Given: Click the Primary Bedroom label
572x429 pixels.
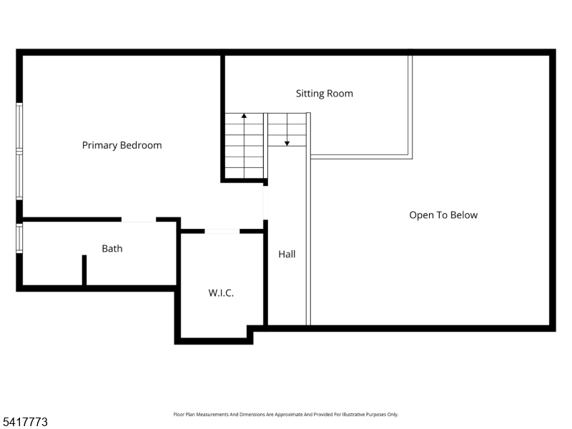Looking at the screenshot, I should [x=122, y=145].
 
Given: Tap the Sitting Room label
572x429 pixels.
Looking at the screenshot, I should [x=324, y=94].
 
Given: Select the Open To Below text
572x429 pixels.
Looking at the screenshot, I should [x=443, y=214].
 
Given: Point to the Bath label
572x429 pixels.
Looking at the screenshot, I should [x=112, y=249].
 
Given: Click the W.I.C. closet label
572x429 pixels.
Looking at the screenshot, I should [x=221, y=292].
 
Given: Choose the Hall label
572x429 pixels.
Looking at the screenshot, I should [x=287, y=254].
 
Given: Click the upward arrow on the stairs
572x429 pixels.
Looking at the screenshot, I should [x=245, y=117].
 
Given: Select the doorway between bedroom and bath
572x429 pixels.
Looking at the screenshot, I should [x=139, y=220].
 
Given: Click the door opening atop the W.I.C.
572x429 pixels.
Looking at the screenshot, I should [x=222, y=231].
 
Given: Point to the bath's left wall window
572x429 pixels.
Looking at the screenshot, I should [x=19, y=238].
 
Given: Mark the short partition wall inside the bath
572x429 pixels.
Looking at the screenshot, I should [x=84, y=270].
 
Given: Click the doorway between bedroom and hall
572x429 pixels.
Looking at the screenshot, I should [x=265, y=202].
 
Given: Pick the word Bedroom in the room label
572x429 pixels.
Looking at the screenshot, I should [x=141, y=145].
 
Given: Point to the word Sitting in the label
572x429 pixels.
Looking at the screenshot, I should [x=310, y=94].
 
